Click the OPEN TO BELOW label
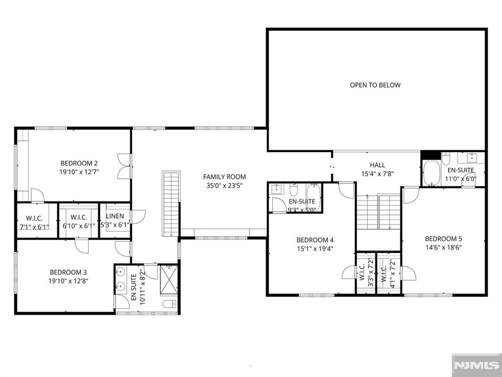[375, 85]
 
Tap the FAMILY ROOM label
[225, 177]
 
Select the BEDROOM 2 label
[79, 163]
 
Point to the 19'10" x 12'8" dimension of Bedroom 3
[68, 281]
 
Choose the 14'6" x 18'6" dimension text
[443, 247]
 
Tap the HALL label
[377, 165]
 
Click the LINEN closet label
[115, 216]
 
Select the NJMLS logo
[477, 365]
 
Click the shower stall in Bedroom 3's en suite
[169, 279]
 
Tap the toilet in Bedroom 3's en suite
[170, 303]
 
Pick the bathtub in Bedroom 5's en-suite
[431, 173]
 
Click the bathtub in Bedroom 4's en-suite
[314, 196]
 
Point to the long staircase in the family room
[171, 204]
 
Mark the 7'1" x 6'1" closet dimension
[34, 227]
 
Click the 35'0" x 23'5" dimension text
[225, 185]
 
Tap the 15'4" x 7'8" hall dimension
[377, 174]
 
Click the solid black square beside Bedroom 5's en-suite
[430, 155]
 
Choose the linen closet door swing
[138, 216]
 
